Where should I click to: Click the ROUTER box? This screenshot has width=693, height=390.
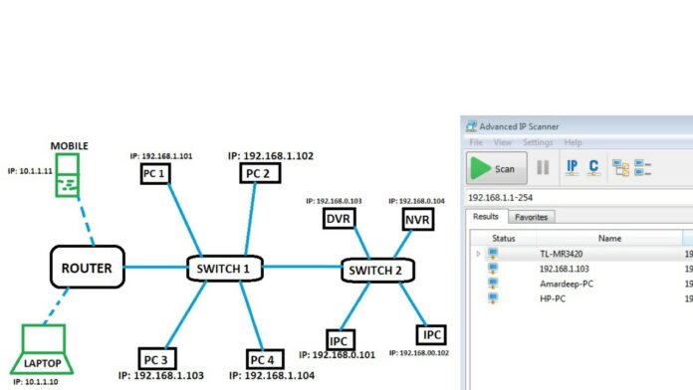(87, 267)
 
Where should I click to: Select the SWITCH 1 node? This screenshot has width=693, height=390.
(225, 267)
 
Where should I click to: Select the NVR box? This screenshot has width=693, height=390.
(415, 218)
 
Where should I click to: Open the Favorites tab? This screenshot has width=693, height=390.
(531, 217)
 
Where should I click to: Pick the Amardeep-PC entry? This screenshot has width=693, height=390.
(567, 283)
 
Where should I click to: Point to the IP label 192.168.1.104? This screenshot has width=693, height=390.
(271, 375)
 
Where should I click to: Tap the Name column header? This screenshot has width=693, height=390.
(609, 238)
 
